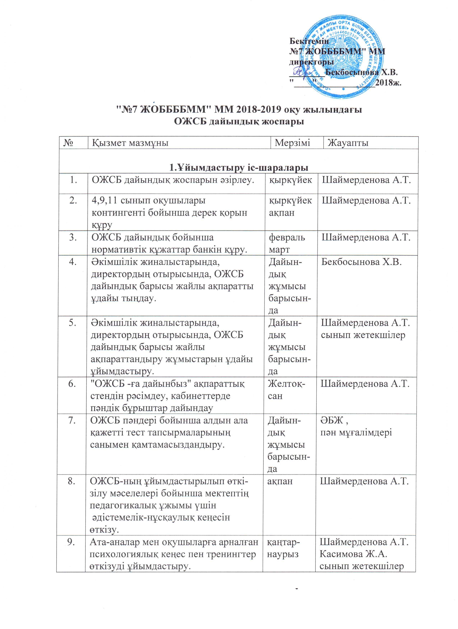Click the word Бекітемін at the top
click(309, 41)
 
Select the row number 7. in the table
click(72, 420)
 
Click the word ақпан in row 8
click(279, 481)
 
